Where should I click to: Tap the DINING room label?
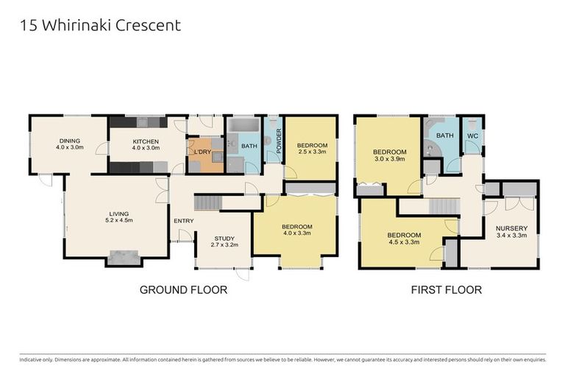coord(69,144)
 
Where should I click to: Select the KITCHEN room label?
coord(145,144)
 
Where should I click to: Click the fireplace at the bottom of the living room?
coord(124,257)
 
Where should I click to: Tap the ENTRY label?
coord(183,220)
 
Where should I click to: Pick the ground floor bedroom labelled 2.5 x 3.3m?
coord(312,150)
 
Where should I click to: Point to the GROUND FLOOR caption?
coord(183,290)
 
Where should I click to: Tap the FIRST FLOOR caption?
coord(446,290)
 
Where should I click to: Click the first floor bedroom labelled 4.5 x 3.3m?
coord(402,239)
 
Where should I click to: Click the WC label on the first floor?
coord(471,135)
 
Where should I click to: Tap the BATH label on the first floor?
coord(444,135)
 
